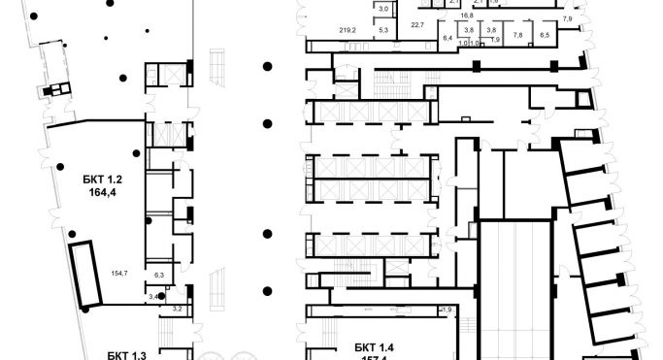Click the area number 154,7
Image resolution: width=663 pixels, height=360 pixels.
tap(120, 275)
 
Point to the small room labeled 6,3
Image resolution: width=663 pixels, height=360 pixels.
tap(160, 276)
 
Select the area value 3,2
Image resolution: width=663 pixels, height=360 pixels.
tap(177, 309)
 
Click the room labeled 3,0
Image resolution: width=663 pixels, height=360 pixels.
tap(382, 9)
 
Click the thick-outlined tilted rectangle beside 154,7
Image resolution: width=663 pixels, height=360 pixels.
tap(86, 273)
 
